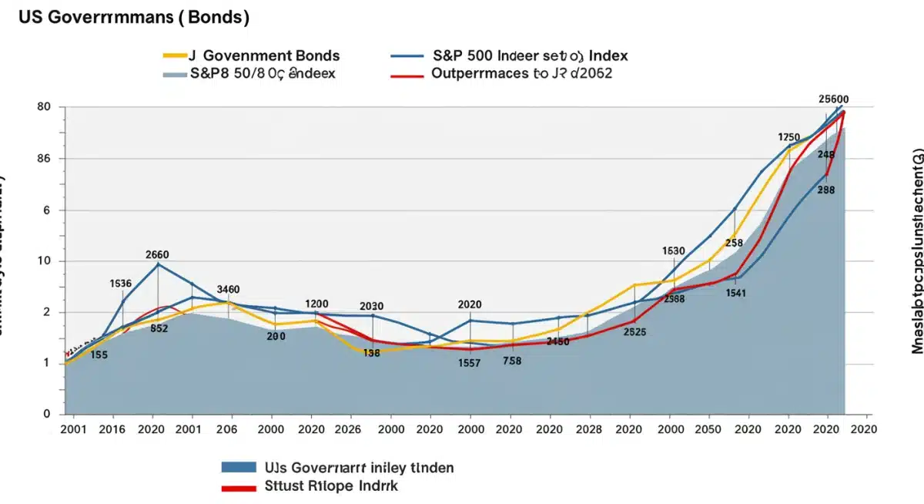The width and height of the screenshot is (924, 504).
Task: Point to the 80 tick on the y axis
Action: point(43,107)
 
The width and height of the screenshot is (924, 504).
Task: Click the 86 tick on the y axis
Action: point(43,159)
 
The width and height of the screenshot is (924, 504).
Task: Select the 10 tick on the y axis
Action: point(43,283)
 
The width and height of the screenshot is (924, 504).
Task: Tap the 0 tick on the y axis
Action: point(46,414)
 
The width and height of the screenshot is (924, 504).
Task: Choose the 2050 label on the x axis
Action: point(710,429)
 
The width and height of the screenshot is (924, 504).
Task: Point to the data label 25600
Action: point(833,99)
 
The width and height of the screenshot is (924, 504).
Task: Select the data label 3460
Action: point(228,290)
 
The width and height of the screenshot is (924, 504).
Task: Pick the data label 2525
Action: point(634,332)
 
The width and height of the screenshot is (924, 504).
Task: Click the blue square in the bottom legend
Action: point(239,467)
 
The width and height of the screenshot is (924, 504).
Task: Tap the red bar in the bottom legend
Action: point(239,488)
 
